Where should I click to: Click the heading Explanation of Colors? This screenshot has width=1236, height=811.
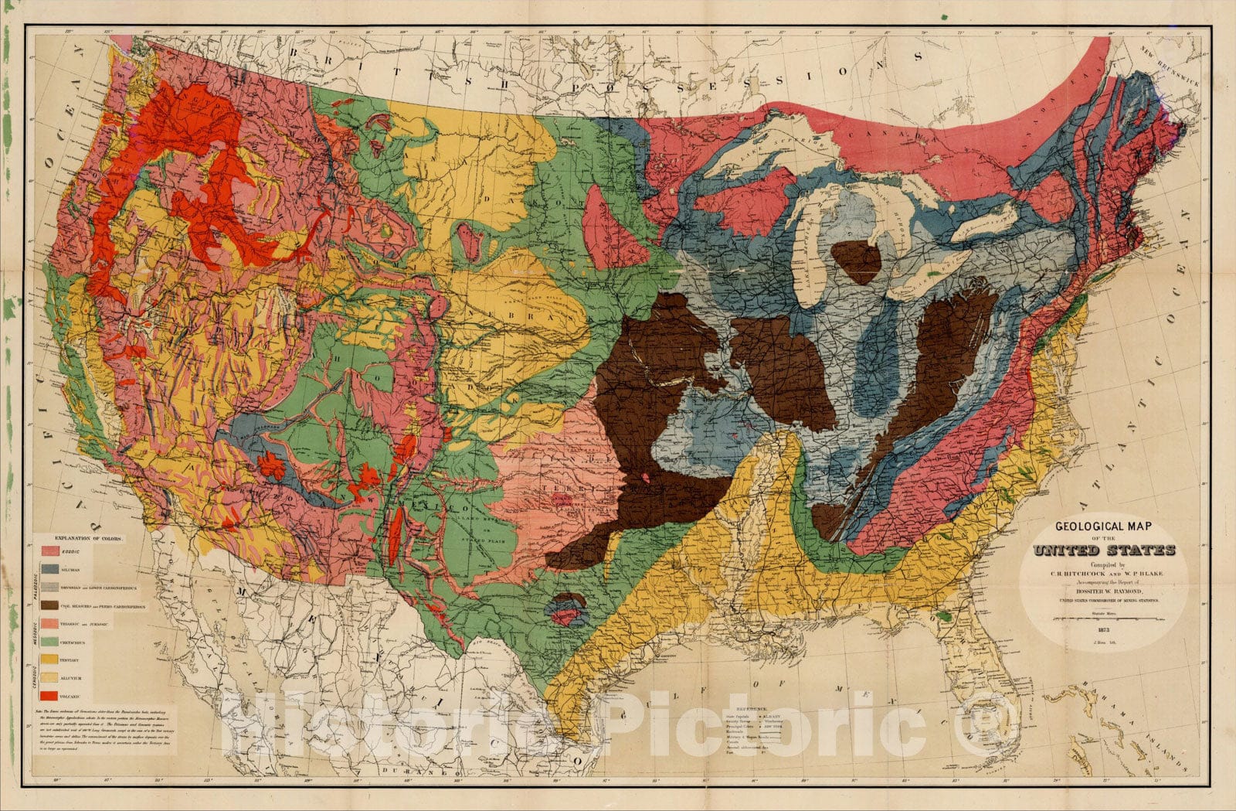(x=91, y=537)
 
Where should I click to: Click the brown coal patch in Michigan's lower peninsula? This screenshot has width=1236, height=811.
(x=857, y=261)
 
